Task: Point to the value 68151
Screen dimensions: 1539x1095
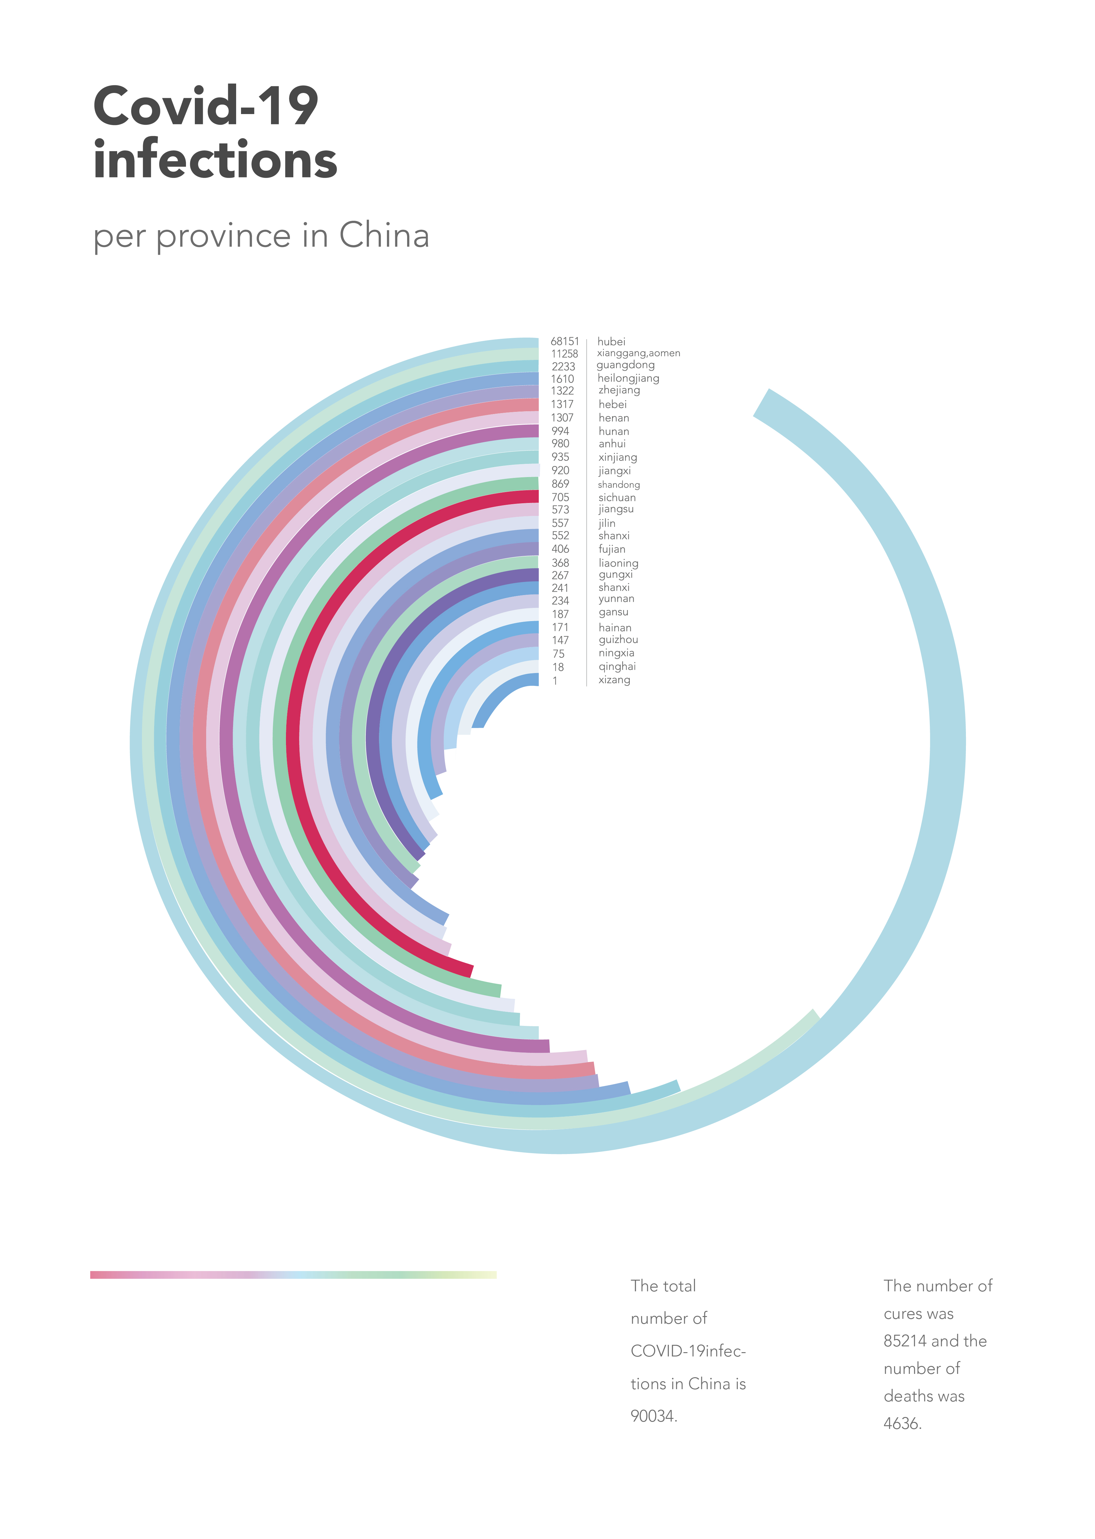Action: (564, 342)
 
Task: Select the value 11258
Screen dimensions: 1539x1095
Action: (564, 354)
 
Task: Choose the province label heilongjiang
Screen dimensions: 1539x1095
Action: (628, 378)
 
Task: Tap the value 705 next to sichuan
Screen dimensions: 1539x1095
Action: (560, 498)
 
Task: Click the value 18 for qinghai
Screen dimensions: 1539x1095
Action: (558, 668)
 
